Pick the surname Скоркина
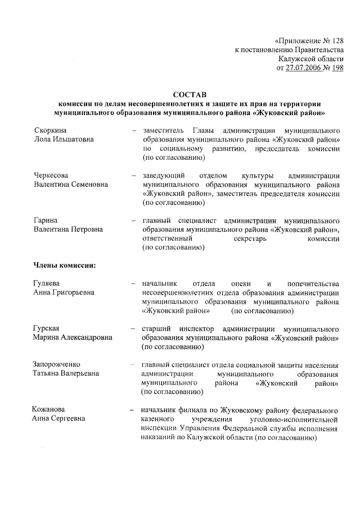pos(50,129)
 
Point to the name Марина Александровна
pos(73,337)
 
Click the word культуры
pos(249,175)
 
